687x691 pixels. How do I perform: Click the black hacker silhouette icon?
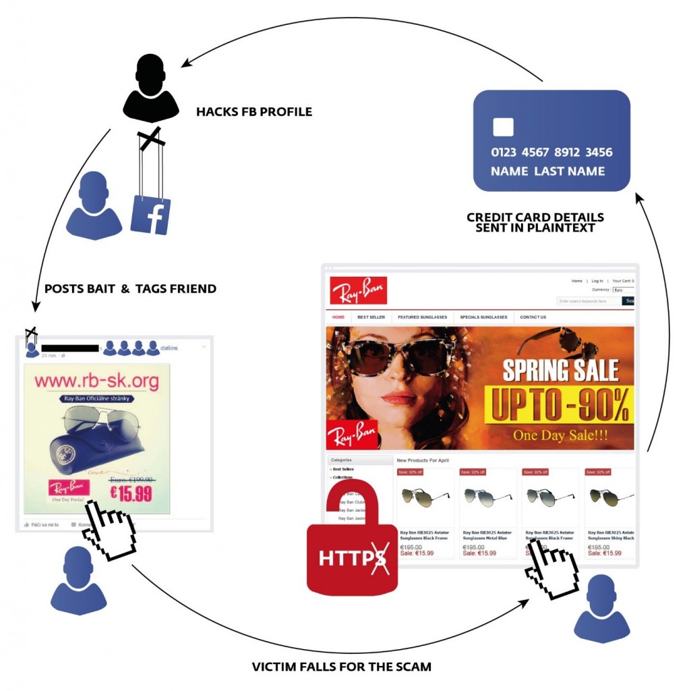[150, 88]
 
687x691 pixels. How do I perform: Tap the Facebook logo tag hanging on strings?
[150, 215]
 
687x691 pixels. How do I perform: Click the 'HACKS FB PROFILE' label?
[254, 111]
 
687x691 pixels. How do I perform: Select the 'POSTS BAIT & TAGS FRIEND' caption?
[130, 289]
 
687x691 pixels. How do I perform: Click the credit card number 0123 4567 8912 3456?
[551, 153]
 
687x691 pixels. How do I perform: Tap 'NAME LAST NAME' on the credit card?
[547, 171]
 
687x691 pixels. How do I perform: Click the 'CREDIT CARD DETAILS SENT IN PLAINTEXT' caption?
[535, 223]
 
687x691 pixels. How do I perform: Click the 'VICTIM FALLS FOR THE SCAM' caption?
[342, 667]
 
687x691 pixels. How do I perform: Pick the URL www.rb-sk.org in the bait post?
[96, 381]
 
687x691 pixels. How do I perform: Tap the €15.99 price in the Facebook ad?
[131, 493]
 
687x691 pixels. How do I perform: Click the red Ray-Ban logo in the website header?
[358, 290]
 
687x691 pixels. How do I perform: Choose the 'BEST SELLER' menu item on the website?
[371, 317]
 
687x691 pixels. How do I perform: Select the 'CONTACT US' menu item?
[533, 317]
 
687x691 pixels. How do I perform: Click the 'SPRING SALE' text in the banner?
[560, 370]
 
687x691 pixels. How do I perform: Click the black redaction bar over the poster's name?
[70, 348]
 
